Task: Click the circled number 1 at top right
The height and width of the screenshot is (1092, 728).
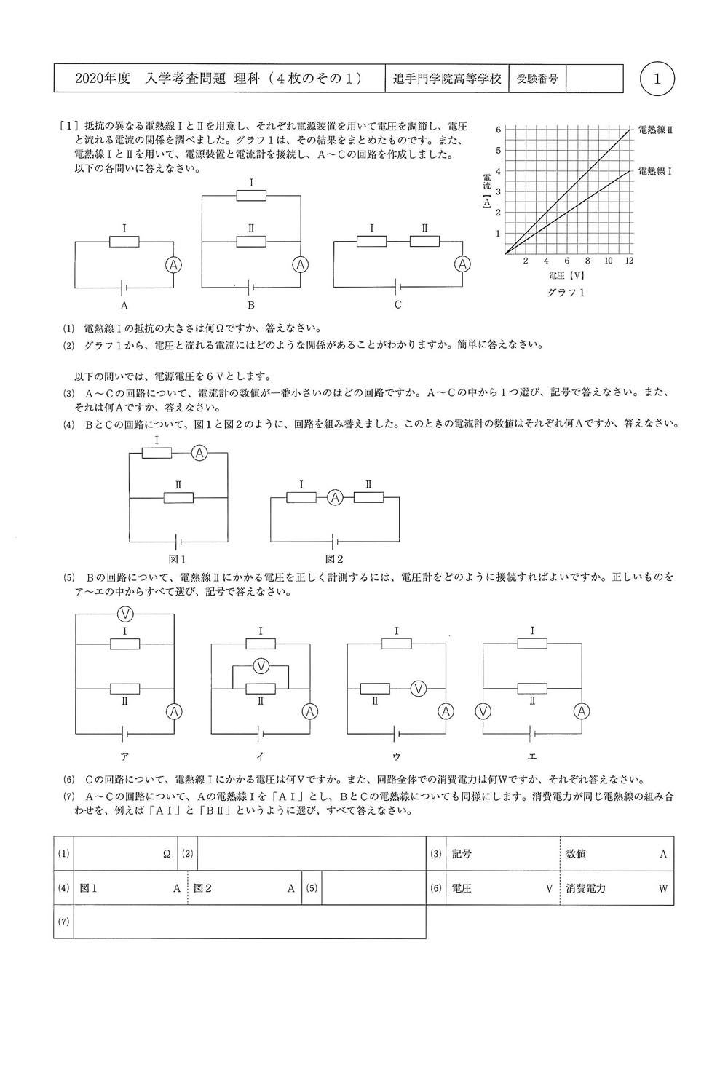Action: pyautogui.click(x=658, y=79)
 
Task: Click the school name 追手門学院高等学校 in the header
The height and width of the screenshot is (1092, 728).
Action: pyautogui.click(x=447, y=79)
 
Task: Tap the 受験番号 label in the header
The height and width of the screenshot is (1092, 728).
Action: pyautogui.click(x=537, y=79)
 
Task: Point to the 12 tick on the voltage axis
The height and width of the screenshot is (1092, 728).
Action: pyautogui.click(x=629, y=261)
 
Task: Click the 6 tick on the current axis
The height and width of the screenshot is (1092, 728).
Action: pyautogui.click(x=498, y=130)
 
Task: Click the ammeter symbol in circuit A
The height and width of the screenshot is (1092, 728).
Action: pyautogui.click(x=173, y=265)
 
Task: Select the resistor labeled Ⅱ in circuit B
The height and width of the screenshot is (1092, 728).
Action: pyautogui.click(x=251, y=241)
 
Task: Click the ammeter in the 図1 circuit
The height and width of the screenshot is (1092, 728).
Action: pyautogui.click(x=199, y=453)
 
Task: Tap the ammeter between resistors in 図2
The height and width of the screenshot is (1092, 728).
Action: pyautogui.click(x=334, y=498)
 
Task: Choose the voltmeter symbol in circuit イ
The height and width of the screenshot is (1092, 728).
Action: pyautogui.click(x=261, y=665)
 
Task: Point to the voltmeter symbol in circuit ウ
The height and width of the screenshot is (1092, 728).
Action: pyautogui.click(x=418, y=688)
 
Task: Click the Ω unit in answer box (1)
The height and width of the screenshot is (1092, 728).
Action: pyautogui.click(x=167, y=854)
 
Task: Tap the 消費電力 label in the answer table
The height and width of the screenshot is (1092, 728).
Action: pyautogui.click(x=586, y=888)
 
